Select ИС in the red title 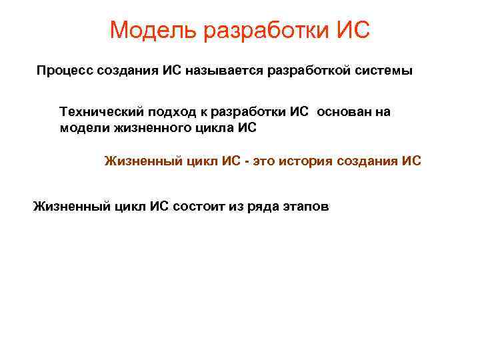(x=353, y=30)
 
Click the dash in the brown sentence (x=247, y=161)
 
